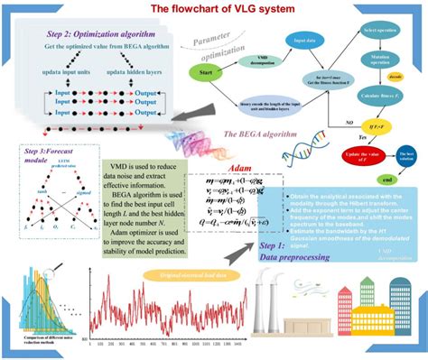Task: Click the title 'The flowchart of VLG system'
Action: pyautogui.click(x=215, y=8)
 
